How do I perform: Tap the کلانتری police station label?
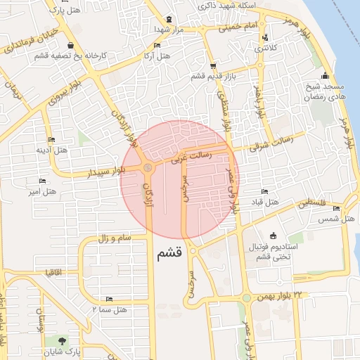point(264,48)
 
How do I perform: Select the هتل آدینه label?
point(51,150)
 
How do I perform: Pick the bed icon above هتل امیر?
point(42,181)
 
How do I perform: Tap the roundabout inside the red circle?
point(147,167)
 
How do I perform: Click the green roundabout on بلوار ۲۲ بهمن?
point(247,298)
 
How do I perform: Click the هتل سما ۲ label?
point(109,309)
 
